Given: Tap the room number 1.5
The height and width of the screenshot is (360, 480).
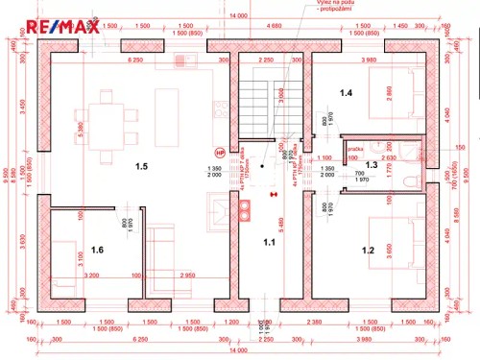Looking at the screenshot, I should (x=141, y=166).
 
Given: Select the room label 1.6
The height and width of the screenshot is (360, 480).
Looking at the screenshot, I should (x=96, y=250).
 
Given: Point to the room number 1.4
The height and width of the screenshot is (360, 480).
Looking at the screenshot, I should (x=346, y=92).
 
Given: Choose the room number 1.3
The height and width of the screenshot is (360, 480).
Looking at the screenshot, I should (x=371, y=164).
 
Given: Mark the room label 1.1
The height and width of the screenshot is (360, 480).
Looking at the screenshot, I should (x=270, y=243).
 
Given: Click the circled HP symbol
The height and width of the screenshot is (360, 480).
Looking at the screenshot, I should (x=219, y=152).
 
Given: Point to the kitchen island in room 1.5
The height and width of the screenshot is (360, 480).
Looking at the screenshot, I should (x=166, y=111).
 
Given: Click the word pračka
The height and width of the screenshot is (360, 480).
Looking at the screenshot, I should (x=354, y=149).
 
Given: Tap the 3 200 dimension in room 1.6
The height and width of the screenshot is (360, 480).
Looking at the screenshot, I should (x=93, y=276).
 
